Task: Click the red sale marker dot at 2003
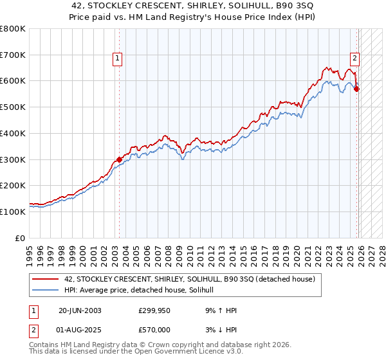(x=119, y=159)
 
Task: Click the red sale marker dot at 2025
(x=356, y=89)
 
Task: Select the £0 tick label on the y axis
(x=21, y=238)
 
